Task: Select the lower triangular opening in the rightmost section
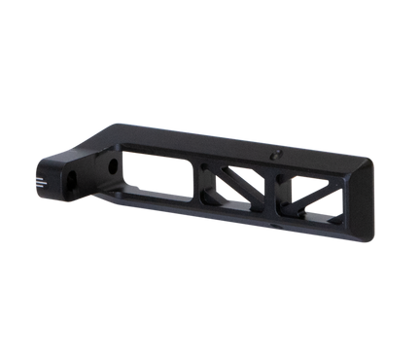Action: click(x=329, y=207)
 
